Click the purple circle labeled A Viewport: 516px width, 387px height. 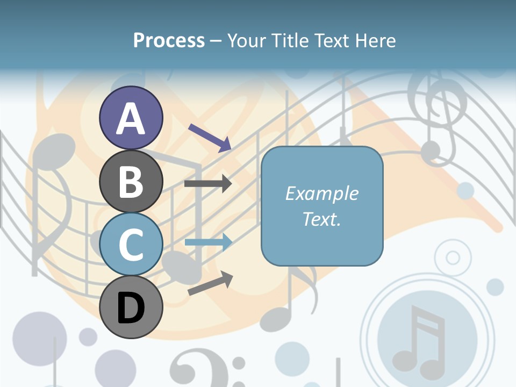click(131, 118)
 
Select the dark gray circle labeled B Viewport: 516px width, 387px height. click(131, 181)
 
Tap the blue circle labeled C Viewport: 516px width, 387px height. click(131, 244)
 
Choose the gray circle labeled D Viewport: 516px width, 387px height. click(131, 307)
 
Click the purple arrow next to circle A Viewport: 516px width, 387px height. click(210, 137)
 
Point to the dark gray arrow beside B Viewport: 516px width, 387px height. click(208, 184)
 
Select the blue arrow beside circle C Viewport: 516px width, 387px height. click(209, 242)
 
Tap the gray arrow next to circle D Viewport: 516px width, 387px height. click(210, 283)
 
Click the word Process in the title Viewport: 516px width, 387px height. click(169, 40)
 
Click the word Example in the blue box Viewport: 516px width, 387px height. click(322, 193)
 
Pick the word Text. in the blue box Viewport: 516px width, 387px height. click(322, 219)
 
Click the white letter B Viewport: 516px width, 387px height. click(131, 182)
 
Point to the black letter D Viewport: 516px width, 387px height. click(131, 307)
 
